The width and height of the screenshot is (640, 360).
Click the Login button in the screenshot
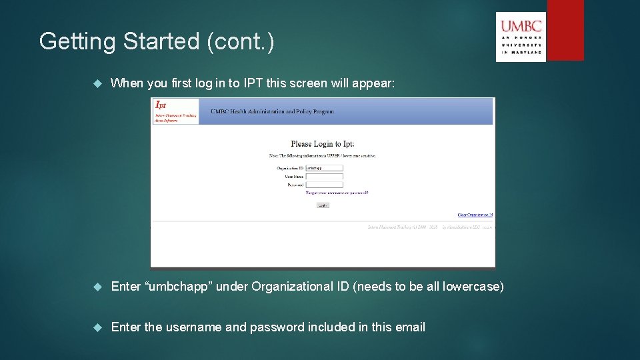323,205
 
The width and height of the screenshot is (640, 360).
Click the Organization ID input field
324,168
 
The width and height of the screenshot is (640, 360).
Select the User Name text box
324,177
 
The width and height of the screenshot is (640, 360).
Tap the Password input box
324,185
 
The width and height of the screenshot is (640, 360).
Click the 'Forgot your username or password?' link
337,193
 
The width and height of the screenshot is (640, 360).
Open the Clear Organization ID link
475,215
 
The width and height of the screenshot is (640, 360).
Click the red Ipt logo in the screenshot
161,105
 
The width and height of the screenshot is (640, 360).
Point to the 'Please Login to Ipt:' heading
323,144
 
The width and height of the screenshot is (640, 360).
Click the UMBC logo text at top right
521,27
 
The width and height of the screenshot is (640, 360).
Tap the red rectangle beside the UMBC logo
565,30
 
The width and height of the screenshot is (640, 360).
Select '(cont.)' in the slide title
241,41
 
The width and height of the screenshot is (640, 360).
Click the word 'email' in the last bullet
409,327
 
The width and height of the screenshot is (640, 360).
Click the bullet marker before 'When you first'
97,83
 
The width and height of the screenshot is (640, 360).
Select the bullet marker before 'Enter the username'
97,327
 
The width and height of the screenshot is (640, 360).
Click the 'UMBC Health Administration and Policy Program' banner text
272,111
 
